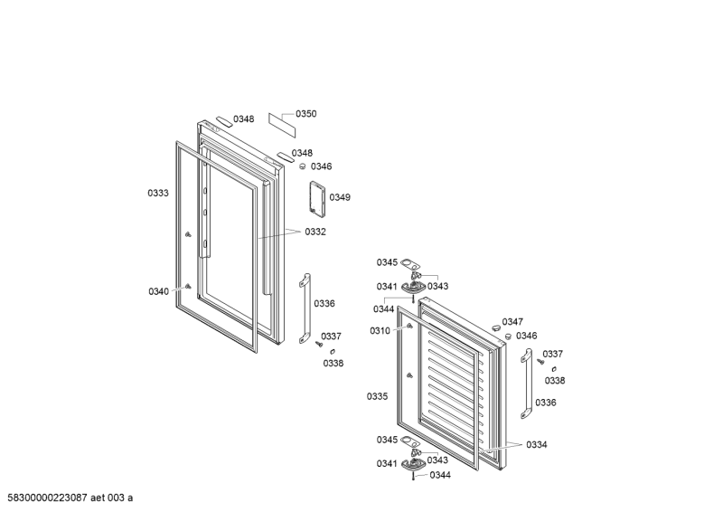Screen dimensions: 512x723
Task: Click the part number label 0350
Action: [306, 114]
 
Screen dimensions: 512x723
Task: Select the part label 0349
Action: [339, 197]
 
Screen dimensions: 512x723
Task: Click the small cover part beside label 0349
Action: [316, 198]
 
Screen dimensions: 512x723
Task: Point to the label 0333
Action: [158, 193]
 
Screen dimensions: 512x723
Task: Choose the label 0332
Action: [315, 232]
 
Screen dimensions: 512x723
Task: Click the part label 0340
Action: [158, 291]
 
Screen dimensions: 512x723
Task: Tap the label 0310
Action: [380, 331]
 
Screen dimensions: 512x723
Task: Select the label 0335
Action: [378, 397]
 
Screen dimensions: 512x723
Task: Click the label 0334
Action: [536, 445]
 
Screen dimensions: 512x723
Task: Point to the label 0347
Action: [512, 322]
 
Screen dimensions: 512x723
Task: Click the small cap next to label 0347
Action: [493, 324]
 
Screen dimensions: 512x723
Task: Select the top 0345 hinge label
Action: [387, 262]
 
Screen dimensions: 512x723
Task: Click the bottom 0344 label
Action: [440, 475]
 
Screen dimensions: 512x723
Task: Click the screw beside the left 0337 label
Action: [319, 343]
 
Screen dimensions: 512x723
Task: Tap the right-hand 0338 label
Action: [554, 381]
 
